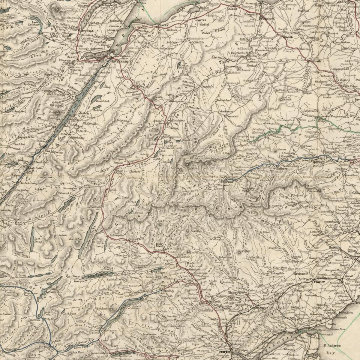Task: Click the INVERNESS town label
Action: click(x=120, y=61)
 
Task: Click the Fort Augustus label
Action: click(x=54, y=152)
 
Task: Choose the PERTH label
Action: click(x=224, y=352)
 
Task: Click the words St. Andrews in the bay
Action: click(x=332, y=346)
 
